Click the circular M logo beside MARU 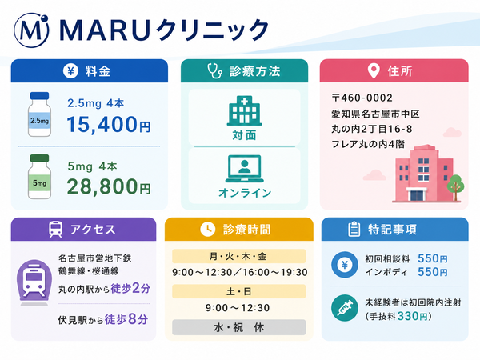click(x=31, y=30)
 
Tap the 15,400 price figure click(x=102, y=124)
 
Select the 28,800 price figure click(x=102, y=186)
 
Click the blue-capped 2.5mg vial click(x=39, y=114)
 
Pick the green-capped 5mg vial click(x=39, y=177)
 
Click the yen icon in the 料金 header click(x=70, y=71)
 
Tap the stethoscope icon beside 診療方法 click(x=214, y=71)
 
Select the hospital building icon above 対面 click(x=244, y=110)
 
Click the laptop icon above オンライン click(x=244, y=169)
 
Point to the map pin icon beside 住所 click(x=374, y=71)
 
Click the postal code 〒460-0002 click(x=362, y=98)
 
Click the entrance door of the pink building click(x=417, y=196)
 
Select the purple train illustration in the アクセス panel click(x=34, y=282)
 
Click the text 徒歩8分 click(x=126, y=319)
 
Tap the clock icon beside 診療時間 click(x=207, y=230)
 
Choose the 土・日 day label click(x=238, y=291)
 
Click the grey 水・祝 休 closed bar click(x=238, y=327)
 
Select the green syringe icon click(x=345, y=308)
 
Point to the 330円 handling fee click(x=412, y=316)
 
